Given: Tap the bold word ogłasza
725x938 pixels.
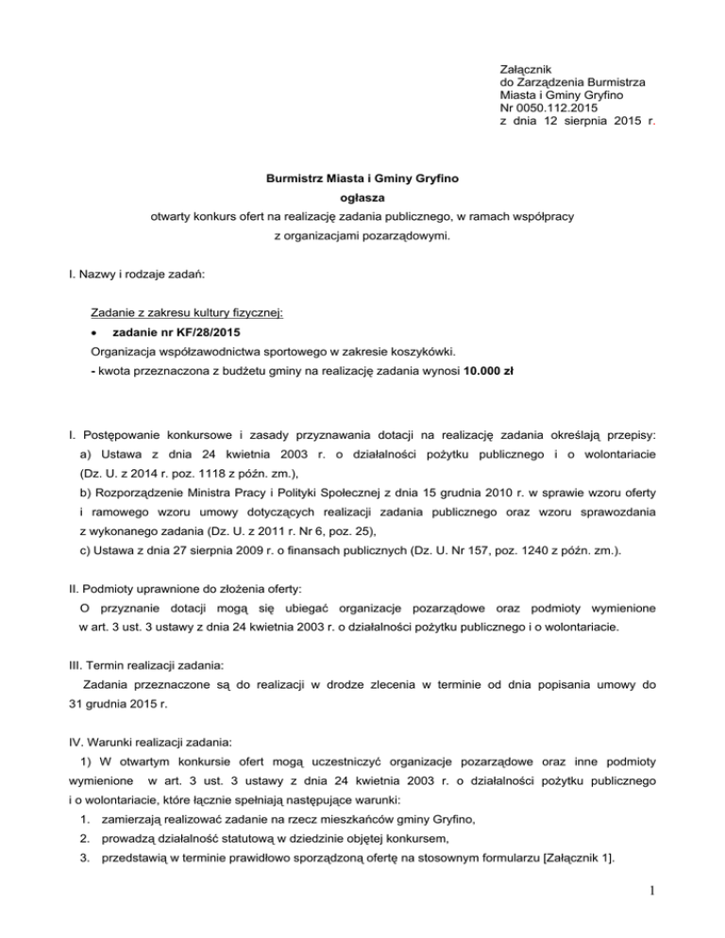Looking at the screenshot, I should (363, 197).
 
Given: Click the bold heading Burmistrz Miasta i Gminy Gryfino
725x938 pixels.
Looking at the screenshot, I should (363, 177).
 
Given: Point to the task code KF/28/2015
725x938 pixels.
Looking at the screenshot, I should (197, 330).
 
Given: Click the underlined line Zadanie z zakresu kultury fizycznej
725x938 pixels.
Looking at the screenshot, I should (187, 311).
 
